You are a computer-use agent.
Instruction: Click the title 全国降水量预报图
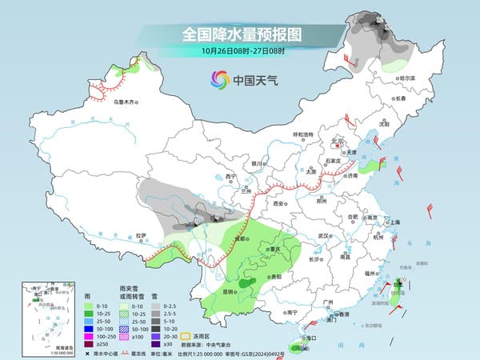[x=239, y=34]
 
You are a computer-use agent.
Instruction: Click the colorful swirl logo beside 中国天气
[x=219, y=79]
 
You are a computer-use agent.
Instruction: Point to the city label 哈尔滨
[x=407, y=78]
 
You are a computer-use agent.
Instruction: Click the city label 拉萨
[x=142, y=235]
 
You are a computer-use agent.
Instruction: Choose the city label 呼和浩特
[x=306, y=134]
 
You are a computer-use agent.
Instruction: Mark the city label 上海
[x=394, y=222]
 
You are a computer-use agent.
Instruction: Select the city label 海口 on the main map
[x=298, y=340]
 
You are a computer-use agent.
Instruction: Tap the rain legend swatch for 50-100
[x=89, y=329]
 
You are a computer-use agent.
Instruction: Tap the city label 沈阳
[x=384, y=125]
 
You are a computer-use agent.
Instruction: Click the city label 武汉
[x=324, y=236]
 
